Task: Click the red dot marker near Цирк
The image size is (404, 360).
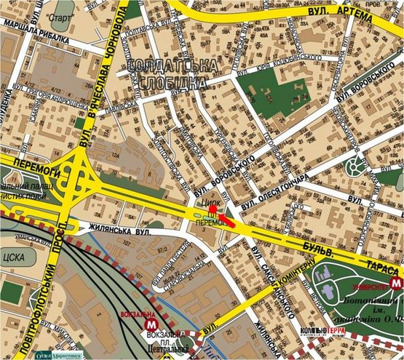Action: [212, 209]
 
